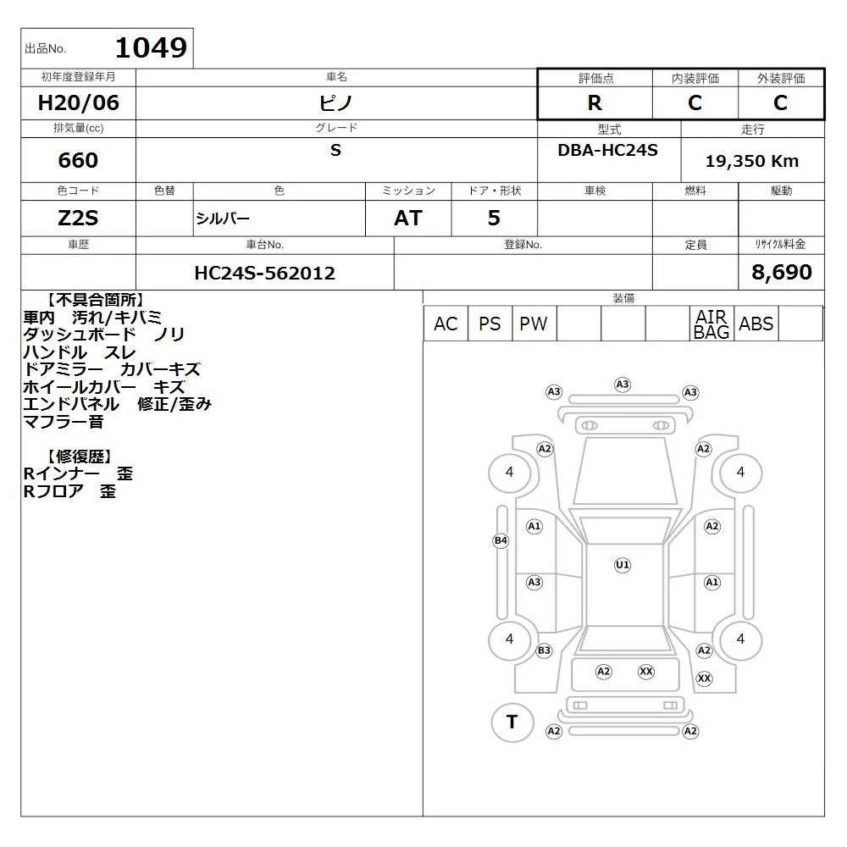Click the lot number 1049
152,47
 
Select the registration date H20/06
78,102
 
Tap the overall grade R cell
595,102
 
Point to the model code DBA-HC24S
607,150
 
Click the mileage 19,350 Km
752,161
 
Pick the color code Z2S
78,219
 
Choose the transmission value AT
408,219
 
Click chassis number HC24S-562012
264,273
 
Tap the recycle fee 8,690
782,272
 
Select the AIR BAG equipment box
711,324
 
